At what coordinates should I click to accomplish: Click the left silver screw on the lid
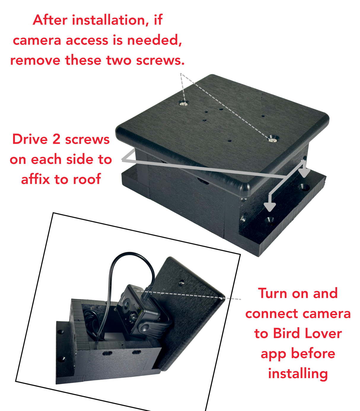pos(184,103)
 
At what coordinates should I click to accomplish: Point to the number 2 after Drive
pos(56,139)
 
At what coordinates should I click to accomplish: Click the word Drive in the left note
pos(30,139)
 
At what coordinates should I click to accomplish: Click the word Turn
pos(273,293)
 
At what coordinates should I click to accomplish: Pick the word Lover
pos(323,333)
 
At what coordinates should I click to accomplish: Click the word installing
pos(298,373)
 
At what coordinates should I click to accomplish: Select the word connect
pos(271,314)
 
